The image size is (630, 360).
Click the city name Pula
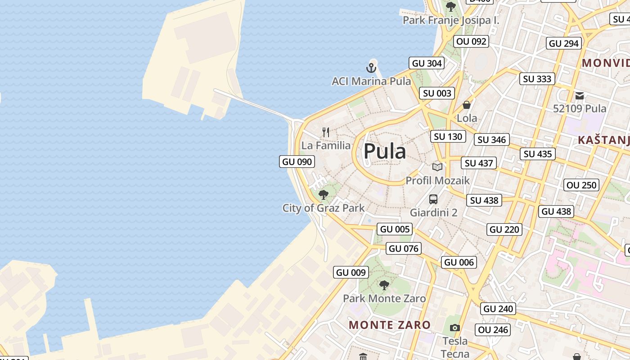pyautogui.click(x=385, y=152)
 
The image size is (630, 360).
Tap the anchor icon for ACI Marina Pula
pyautogui.click(x=371, y=68)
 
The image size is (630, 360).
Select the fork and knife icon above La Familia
pyautogui.click(x=326, y=132)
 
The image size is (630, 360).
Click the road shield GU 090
pyautogui.click(x=297, y=162)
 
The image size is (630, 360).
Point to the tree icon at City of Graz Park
pyautogui.click(x=323, y=195)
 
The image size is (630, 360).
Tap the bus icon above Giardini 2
pyautogui.click(x=433, y=199)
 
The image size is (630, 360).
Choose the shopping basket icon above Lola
pyautogui.click(x=467, y=105)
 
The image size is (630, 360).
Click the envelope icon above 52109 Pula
pyautogui.click(x=580, y=95)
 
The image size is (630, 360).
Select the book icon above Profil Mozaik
pyautogui.click(x=437, y=167)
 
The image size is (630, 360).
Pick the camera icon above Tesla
pyautogui.click(x=455, y=328)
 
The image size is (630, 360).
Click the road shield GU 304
pyautogui.click(x=427, y=63)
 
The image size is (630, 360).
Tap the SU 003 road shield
pyautogui.click(x=437, y=94)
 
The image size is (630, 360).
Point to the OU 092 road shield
pyautogui.click(x=471, y=41)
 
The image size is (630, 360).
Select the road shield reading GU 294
pyautogui.click(x=564, y=43)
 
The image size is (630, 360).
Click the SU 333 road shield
pyautogui.click(x=537, y=79)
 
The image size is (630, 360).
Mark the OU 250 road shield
pyautogui.click(x=581, y=185)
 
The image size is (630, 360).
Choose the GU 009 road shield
pyautogui.click(x=351, y=272)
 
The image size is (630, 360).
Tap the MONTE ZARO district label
pyautogui.click(x=390, y=325)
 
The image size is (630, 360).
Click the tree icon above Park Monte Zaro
pyautogui.click(x=384, y=285)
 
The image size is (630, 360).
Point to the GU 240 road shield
pyautogui.click(x=498, y=309)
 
